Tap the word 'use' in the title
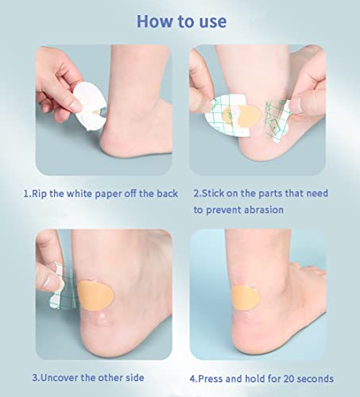pyautogui.click(x=213, y=22)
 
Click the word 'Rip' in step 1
pyautogui.click(x=40, y=194)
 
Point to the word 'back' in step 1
pyautogui.click(x=167, y=194)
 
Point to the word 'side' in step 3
pyautogui.click(x=135, y=378)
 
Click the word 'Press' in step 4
pyautogui.click(x=211, y=379)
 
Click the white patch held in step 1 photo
pyautogui.click(x=90, y=106)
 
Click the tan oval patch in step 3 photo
pyautogui.click(x=95, y=295)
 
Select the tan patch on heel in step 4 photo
pyautogui.click(x=245, y=298)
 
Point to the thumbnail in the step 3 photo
pyautogui.click(x=51, y=282)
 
